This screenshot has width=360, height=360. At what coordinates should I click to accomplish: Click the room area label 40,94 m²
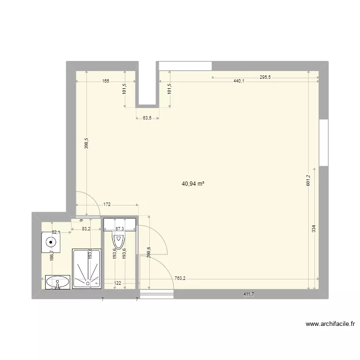pos(193,183)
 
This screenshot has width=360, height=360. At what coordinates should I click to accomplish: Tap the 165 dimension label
pos(106,81)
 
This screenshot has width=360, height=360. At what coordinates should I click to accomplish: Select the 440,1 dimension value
pos(239,81)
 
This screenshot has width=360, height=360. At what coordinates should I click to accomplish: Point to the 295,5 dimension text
pos(265,77)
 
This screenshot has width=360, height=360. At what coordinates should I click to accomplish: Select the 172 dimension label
pos(107,204)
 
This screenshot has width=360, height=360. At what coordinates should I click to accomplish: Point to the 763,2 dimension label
pos(180,278)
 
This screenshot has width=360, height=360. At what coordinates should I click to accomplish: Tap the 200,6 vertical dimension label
pos(150,252)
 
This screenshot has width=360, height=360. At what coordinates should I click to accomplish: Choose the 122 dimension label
pos(118,284)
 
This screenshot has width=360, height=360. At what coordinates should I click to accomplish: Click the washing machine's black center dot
pos(49,242)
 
